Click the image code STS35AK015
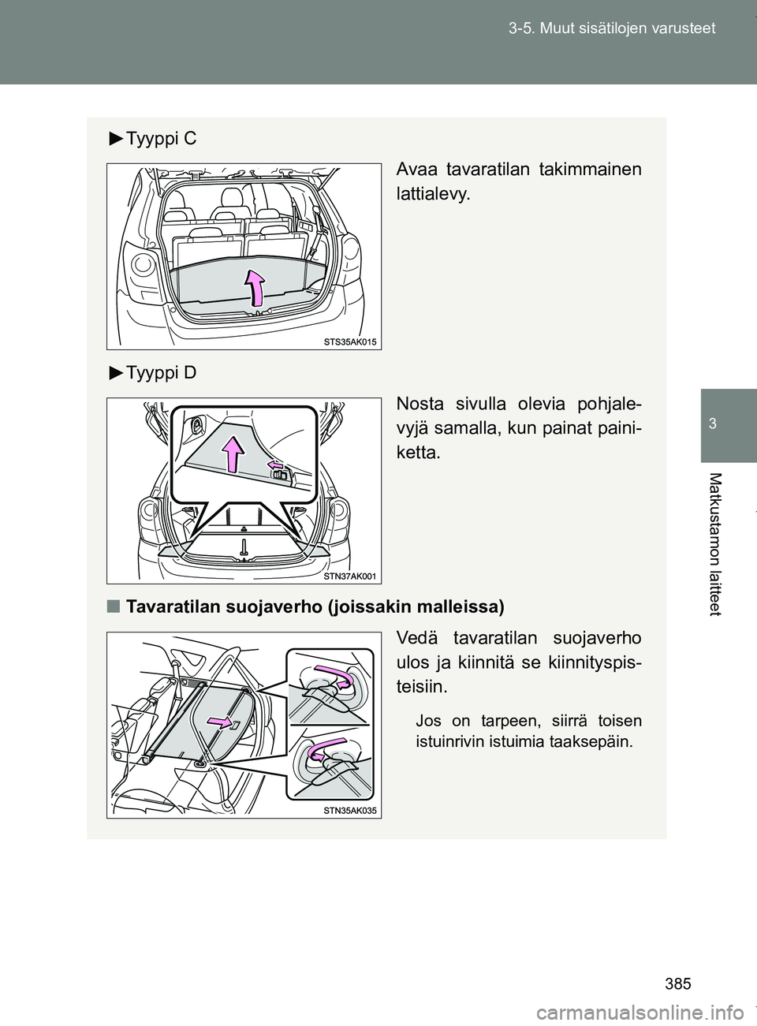(351, 341)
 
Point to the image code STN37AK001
(351, 576)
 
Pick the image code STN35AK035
(351, 811)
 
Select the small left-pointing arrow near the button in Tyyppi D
(276, 466)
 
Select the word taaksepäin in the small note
(584, 742)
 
